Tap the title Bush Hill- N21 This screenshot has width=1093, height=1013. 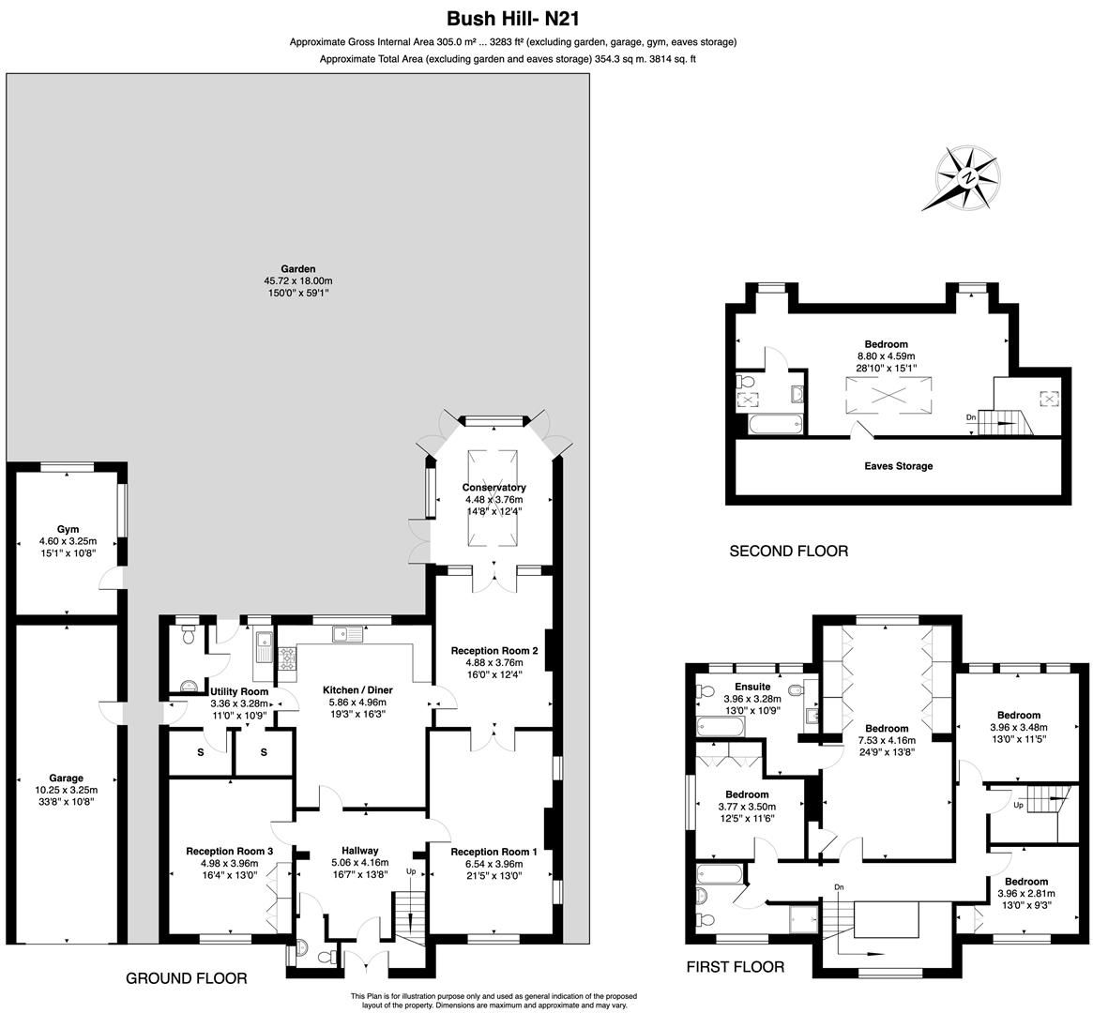tap(518, 18)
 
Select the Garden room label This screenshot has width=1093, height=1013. tap(297, 269)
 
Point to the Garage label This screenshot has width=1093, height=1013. tap(67, 778)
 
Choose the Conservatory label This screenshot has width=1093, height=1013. tap(493, 488)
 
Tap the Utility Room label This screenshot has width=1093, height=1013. tap(238, 691)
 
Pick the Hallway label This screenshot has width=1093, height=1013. tap(359, 851)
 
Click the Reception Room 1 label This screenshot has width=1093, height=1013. tap(493, 852)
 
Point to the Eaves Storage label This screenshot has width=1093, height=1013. tap(898, 465)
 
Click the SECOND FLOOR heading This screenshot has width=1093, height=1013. tap(788, 552)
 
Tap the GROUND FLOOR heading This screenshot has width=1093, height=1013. tap(186, 978)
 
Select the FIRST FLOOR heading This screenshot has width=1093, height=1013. tap(735, 967)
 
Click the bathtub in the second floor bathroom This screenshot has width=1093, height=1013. tap(775, 426)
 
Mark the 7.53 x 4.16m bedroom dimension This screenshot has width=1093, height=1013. tap(886, 740)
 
